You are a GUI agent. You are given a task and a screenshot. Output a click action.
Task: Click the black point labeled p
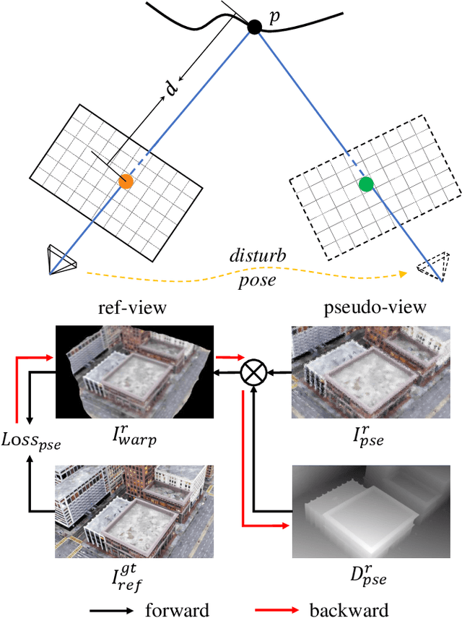(254, 27)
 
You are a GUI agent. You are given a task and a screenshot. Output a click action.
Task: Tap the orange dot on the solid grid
(126, 181)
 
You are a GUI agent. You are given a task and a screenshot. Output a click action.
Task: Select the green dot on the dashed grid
(366, 184)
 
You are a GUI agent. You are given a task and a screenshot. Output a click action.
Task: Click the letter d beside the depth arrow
(171, 89)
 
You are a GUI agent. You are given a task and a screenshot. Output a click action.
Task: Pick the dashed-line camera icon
(435, 266)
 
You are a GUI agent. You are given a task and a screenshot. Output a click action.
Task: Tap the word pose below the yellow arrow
(256, 280)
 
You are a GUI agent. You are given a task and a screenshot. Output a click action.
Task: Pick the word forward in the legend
(176, 609)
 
